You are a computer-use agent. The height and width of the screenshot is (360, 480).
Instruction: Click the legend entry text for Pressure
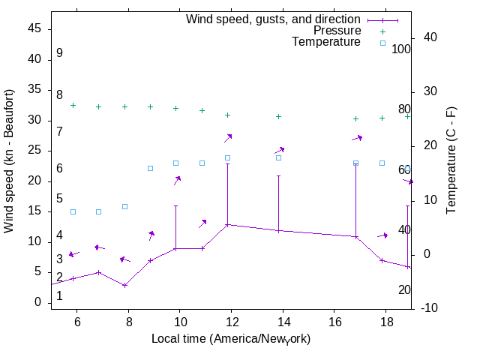pos(337,31)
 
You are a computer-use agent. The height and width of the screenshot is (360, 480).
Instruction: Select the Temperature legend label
pos(326,43)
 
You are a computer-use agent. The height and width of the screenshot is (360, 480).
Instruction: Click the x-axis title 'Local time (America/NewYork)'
pos(231,339)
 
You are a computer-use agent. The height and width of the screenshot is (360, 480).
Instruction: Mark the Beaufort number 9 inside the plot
pos(59,54)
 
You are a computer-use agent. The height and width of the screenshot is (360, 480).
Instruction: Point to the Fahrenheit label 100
pos(401,49)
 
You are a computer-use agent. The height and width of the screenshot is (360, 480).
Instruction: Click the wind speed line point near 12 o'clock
pos(227,224)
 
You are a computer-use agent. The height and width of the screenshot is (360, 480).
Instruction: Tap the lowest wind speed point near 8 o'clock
pos(124,285)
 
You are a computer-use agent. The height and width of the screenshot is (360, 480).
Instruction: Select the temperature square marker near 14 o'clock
pos(278,157)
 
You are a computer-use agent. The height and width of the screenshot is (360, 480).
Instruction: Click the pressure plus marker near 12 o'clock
pos(227,115)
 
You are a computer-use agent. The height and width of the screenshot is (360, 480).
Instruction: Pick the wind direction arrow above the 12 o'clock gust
pos(228,137)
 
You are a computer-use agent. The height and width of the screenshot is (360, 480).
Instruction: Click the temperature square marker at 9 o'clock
pos(150,168)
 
